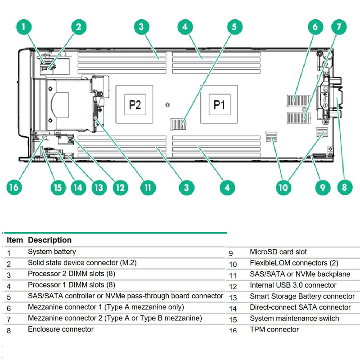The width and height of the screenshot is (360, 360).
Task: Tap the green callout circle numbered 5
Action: coord(234,27)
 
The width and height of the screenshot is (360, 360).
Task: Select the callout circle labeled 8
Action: coord(344,187)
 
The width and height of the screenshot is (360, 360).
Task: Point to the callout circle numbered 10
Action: coord(283,187)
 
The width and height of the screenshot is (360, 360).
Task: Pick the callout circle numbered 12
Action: coord(119,187)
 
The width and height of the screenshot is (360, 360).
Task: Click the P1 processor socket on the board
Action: coord(219,104)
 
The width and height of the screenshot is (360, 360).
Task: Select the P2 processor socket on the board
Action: coord(135,104)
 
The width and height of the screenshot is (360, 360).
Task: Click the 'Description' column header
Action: coord(49,240)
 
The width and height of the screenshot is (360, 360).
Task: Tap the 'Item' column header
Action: coord(15,240)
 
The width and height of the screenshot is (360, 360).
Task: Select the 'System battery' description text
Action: coord(52,252)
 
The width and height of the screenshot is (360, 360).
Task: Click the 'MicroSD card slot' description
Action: coord(278,252)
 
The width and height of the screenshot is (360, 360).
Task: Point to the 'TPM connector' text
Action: coord(274,330)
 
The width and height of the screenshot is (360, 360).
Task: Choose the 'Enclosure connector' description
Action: coord(61,329)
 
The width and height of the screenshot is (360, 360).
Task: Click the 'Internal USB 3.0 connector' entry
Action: coord(293,285)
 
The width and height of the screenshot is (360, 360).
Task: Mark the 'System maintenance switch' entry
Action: coord(294,319)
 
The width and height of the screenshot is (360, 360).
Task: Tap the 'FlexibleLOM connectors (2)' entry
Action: coord(294,263)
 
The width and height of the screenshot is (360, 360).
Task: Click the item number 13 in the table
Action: coord(233,297)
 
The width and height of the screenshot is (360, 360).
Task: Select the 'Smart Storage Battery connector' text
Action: coord(302,297)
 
